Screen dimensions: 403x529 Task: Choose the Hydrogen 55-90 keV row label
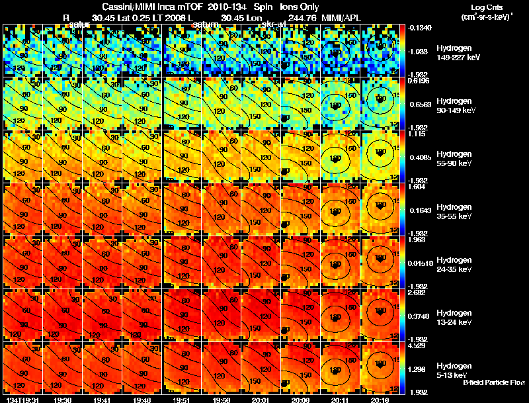[456, 159]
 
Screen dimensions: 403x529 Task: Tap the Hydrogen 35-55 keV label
[456, 212]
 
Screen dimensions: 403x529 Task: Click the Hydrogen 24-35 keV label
[456, 265]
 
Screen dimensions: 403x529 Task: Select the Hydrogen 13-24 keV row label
[456, 318]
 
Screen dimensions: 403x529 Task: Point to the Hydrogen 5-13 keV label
[454, 370]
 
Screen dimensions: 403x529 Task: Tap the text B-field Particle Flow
[494, 382]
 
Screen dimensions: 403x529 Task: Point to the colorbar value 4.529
[416, 345]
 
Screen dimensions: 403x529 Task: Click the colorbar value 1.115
[416, 133]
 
